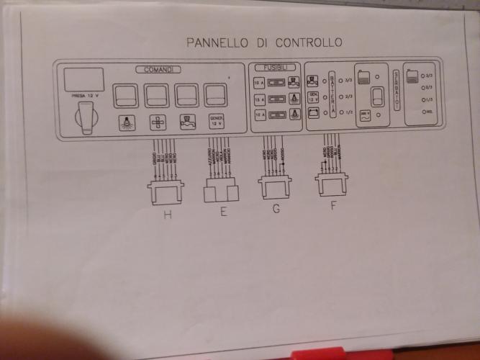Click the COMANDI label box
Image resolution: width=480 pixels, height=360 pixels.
[x=156, y=68]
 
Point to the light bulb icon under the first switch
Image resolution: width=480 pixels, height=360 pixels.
[x=125, y=122]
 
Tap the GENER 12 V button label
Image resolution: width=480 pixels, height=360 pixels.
[x=216, y=120]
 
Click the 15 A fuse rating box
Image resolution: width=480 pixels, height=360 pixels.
[x=258, y=99]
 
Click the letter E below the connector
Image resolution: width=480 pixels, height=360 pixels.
[x=223, y=211]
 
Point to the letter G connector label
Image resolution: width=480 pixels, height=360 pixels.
[x=276, y=210]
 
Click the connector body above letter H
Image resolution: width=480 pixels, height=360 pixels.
[x=166, y=192]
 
